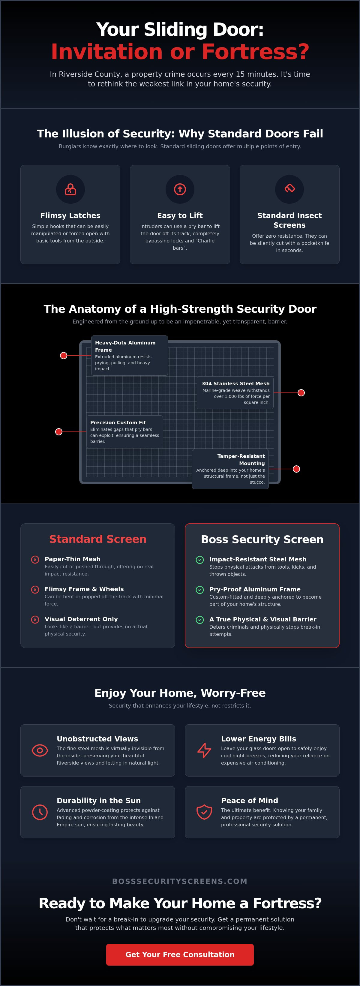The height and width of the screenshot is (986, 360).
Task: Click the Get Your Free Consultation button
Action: click(180, 954)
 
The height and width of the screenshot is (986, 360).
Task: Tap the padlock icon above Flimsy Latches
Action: click(70, 189)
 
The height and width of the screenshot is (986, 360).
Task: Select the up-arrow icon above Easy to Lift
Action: click(180, 189)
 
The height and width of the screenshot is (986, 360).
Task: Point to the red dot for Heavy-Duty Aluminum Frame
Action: click(64, 356)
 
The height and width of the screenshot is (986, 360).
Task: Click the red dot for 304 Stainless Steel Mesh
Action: click(301, 393)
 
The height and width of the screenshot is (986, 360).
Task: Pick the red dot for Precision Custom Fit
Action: click(58, 432)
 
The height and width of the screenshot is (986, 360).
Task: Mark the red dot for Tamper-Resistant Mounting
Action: click(296, 469)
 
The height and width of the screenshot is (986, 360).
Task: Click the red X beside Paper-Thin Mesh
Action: click(35, 560)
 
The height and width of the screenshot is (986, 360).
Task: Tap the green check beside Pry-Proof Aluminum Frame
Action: click(200, 590)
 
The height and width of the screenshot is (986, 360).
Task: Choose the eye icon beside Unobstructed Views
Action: click(40, 750)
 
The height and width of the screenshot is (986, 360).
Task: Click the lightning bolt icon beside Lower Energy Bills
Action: click(204, 750)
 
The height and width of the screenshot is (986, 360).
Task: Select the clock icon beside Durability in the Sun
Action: click(40, 812)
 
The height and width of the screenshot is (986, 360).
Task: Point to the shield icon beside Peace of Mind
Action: click(204, 812)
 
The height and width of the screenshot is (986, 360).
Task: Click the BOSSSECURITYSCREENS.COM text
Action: click(180, 881)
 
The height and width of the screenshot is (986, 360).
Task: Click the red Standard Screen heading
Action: click(97, 539)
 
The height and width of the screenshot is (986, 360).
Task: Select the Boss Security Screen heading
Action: click(262, 539)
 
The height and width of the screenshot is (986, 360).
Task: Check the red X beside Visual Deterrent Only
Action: click(35, 619)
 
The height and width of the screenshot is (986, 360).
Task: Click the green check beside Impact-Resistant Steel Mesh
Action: click(200, 560)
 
